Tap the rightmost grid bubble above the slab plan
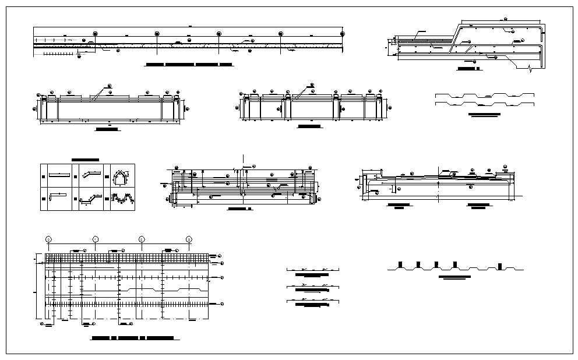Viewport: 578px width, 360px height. (189, 239)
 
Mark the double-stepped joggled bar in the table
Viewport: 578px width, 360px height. (90, 199)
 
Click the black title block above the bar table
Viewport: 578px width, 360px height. (85, 160)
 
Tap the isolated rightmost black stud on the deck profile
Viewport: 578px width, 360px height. (499, 266)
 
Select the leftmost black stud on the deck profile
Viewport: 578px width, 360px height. (399, 265)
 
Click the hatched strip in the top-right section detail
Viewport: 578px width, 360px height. (425, 40)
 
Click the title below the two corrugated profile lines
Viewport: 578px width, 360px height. (485, 114)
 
